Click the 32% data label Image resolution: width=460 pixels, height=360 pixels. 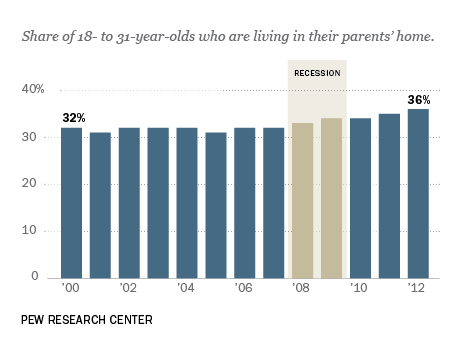pyautogui.click(x=72, y=118)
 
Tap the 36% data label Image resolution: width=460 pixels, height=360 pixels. pyautogui.click(x=418, y=100)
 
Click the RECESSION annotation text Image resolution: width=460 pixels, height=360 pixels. pyautogui.click(x=317, y=74)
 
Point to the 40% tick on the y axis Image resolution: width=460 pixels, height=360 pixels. pyautogui.click(x=34, y=90)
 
